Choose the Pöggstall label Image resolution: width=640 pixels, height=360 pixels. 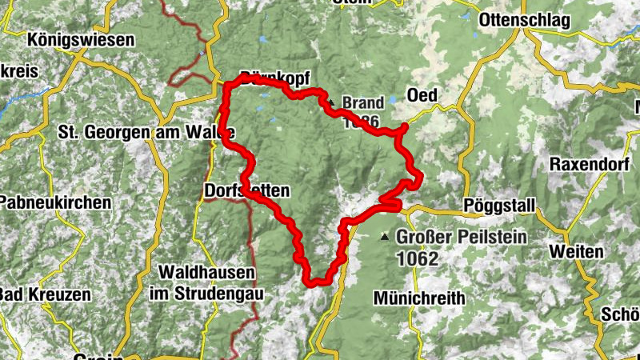pyautogui.click(x=498, y=206)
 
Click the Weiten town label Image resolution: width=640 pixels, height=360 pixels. pyautogui.click(x=576, y=251)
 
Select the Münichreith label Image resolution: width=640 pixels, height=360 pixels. pyautogui.click(x=419, y=298)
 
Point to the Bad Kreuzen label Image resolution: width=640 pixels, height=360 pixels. pyautogui.click(x=45, y=294)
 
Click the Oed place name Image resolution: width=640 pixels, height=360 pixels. pyautogui.click(x=422, y=95)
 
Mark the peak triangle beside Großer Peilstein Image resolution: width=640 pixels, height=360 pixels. pyautogui.click(x=386, y=237)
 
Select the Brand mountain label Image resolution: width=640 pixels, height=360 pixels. pyautogui.click(x=362, y=103)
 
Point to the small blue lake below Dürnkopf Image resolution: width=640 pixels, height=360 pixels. pyautogui.click(x=264, y=96)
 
